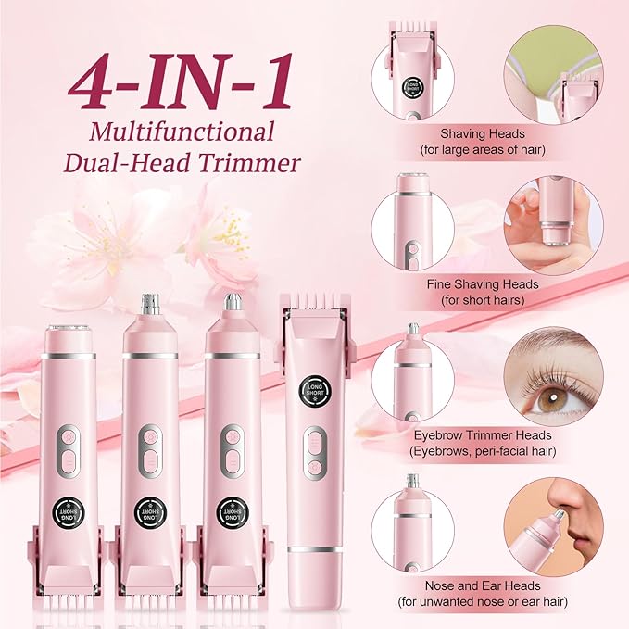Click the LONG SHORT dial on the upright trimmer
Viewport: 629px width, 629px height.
tap(313, 388)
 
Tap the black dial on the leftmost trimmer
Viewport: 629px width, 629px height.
tap(69, 511)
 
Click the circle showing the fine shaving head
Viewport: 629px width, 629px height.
tap(412, 227)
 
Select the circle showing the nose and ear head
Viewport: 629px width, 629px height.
tap(412, 528)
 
